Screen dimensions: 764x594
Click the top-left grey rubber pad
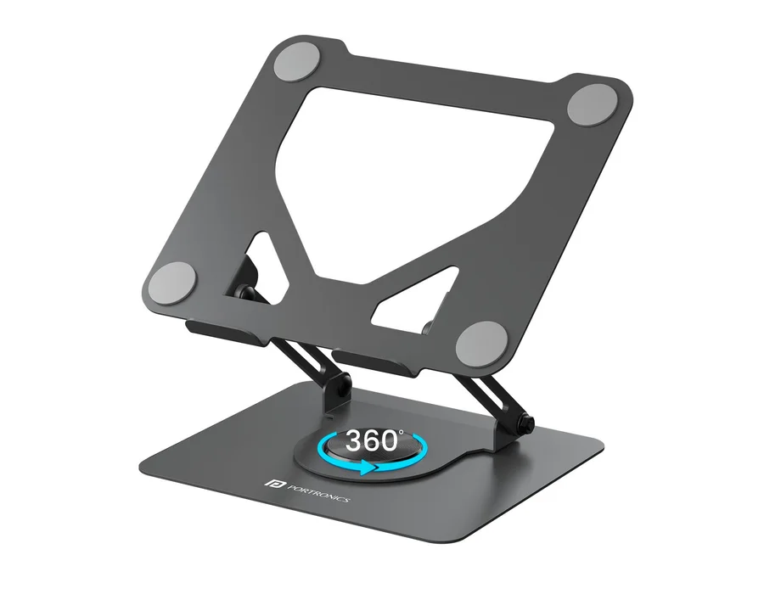pyautogui.click(x=297, y=62)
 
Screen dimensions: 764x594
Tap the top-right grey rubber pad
pyautogui.click(x=593, y=104)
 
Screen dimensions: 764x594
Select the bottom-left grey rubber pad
pyautogui.click(x=172, y=283)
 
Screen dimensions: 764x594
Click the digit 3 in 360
pyautogui.click(x=354, y=441)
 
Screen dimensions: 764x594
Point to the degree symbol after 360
pyautogui.click(x=402, y=431)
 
